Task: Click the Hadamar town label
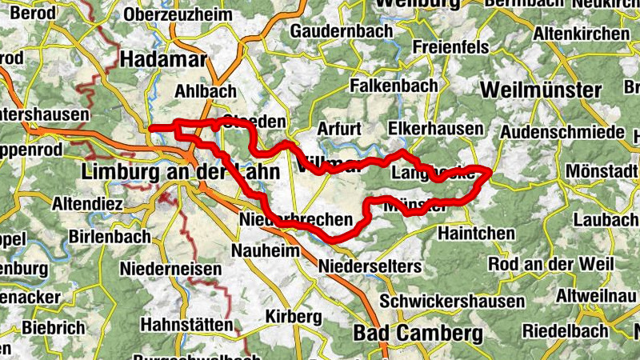[x=163, y=60]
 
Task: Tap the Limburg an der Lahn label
[x=181, y=171]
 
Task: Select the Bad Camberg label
[x=418, y=333]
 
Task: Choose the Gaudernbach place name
[x=342, y=31]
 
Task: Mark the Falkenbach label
[x=394, y=85]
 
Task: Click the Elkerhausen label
[x=435, y=128]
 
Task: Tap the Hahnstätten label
[x=186, y=325]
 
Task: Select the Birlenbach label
[x=110, y=237]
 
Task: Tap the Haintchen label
[x=477, y=233]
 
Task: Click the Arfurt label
[x=339, y=129]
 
